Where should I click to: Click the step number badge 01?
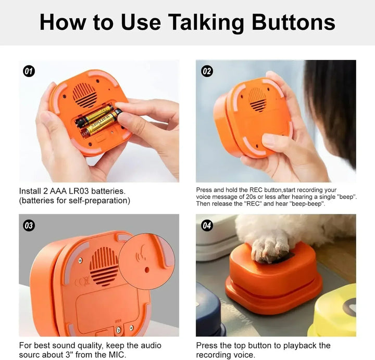pos(29,71)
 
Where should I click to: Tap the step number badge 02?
pos(207,71)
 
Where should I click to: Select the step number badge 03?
pos(29,225)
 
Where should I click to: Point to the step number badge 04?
pos(207,225)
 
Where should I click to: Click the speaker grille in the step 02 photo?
pos(257,99)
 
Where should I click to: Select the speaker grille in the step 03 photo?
pos(104,266)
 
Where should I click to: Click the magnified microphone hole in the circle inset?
pos(147,269)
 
